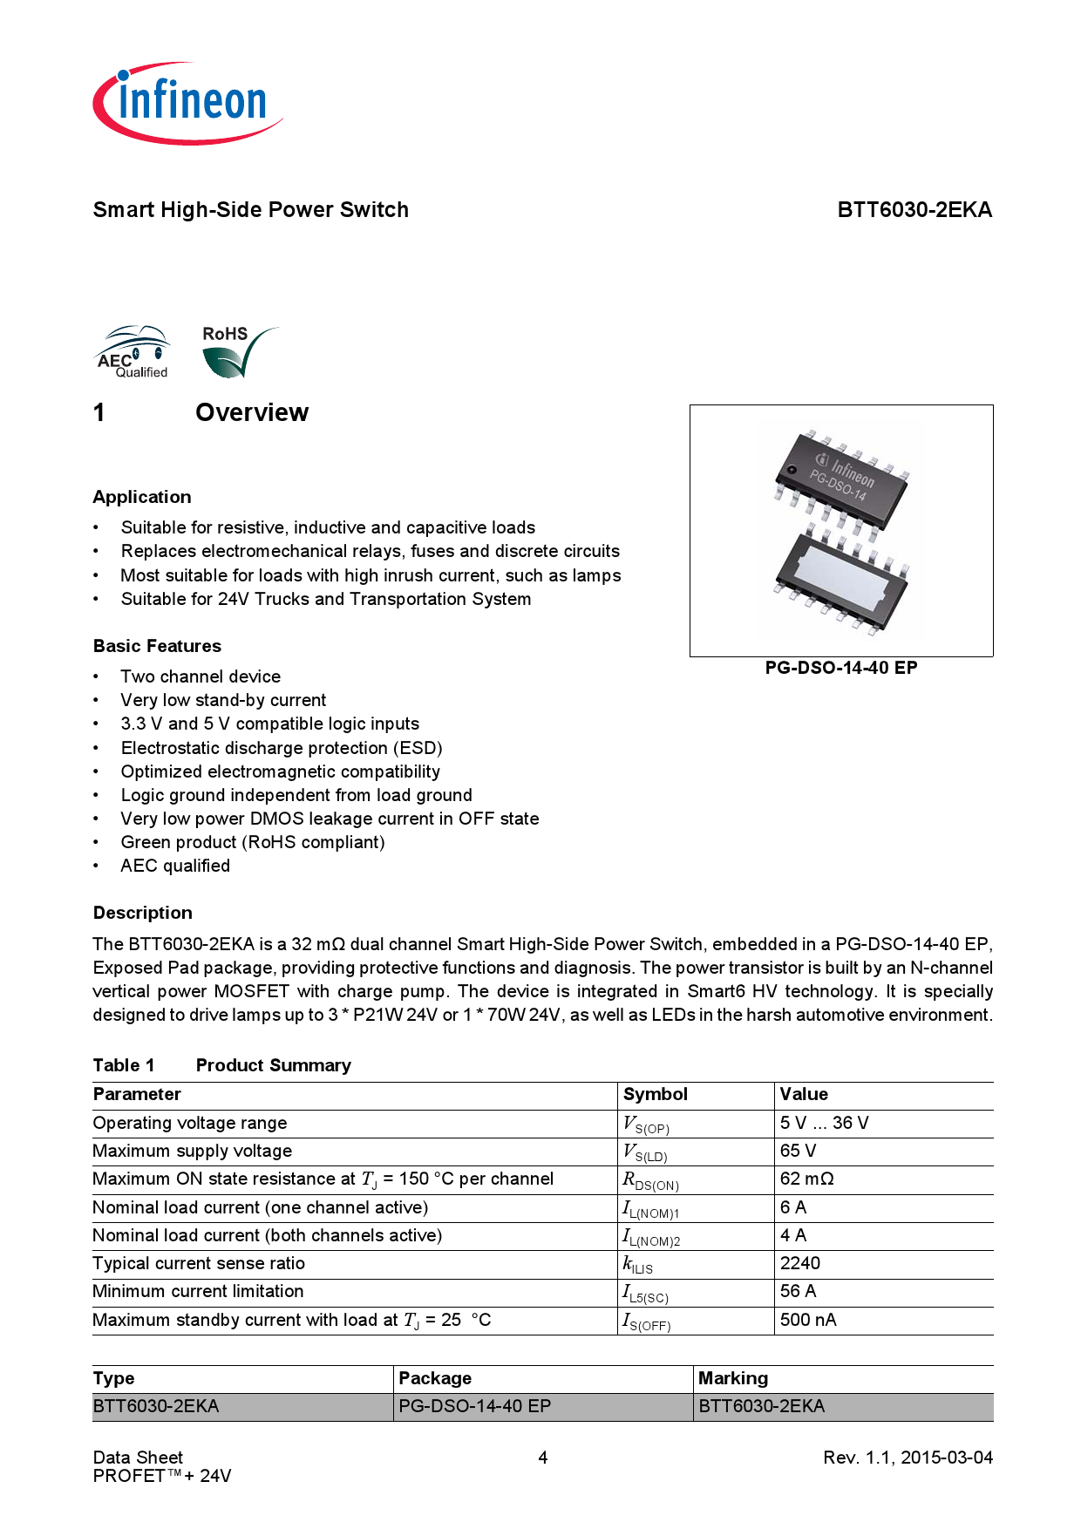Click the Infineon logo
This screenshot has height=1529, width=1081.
click(188, 103)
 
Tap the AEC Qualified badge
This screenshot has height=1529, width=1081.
click(132, 352)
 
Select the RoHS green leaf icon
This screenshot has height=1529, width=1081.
click(235, 353)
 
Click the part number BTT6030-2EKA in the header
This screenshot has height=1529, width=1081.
click(914, 210)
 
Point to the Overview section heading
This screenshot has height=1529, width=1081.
click(251, 412)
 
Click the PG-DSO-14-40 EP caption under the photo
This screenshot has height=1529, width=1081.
click(840, 668)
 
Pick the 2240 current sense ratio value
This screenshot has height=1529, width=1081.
click(799, 1263)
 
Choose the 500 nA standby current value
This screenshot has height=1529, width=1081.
click(807, 1320)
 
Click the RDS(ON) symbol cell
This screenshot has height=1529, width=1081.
click(650, 1180)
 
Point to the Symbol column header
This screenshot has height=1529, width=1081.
click(655, 1095)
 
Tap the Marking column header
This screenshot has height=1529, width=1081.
click(732, 1378)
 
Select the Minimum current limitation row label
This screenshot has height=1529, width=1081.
click(198, 1291)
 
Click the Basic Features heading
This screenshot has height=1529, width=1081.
click(157, 646)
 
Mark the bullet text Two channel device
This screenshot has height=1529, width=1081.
click(201, 676)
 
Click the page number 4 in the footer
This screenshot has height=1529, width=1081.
click(542, 1458)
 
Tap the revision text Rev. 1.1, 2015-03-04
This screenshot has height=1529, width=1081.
click(907, 1458)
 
